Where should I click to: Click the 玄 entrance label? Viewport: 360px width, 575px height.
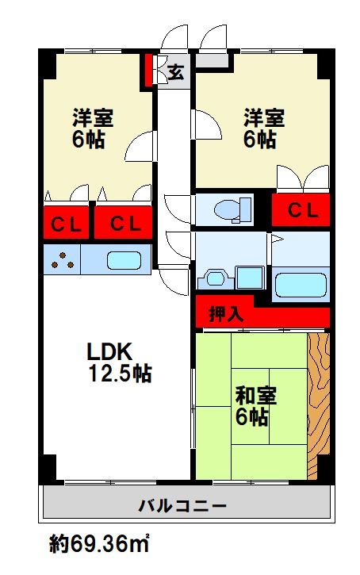click(176, 72)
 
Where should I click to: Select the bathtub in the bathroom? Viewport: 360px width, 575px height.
click(301, 285)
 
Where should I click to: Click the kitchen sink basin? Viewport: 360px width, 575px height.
click(124, 260)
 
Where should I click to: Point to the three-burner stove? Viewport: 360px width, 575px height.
click(62, 259)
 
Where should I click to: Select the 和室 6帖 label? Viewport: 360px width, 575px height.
click(255, 406)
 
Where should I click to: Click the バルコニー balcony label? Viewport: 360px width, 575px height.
click(182, 507)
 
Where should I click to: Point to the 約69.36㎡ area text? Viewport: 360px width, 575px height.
click(99, 543)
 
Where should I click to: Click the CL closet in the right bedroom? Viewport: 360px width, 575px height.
click(301, 210)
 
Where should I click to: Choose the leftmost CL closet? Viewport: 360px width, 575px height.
click(67, 223)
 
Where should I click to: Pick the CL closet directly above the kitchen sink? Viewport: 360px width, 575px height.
click(123, 223)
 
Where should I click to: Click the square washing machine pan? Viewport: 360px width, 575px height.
click(250, 278)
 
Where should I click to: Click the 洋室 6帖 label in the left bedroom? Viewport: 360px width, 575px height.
click(93, 128)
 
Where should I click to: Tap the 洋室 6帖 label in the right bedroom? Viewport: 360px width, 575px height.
click(264, 128)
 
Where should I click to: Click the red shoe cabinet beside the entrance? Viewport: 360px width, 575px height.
click(147, 71)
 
